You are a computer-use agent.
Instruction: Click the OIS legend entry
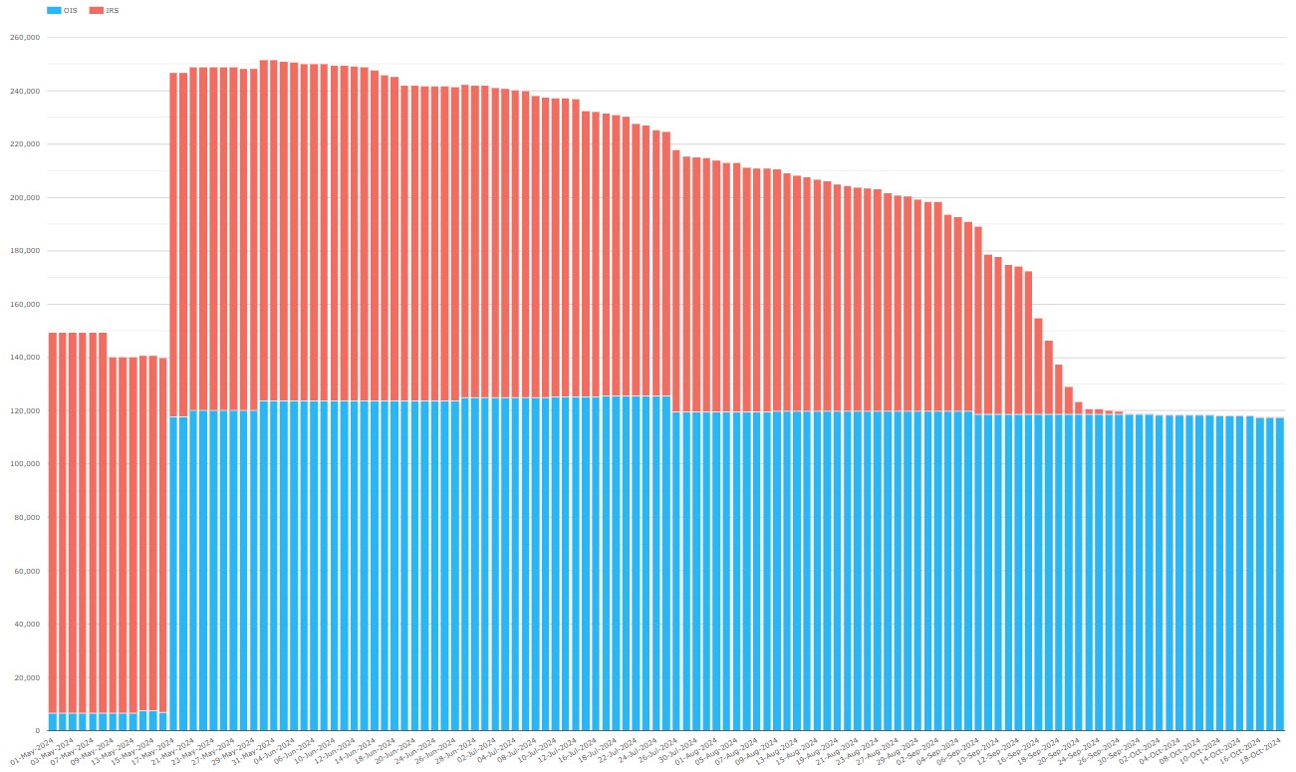(x=63, y=10)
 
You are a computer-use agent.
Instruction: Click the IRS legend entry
(x=105, y=10)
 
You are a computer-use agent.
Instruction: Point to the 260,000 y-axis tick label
(x=24, y=38)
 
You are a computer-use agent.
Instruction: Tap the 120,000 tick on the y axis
(x=24, y=411)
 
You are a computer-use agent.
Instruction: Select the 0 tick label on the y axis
(x=36, y=731)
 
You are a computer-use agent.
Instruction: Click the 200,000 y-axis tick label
(x=24, y=198)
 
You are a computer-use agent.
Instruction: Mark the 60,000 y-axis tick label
(x=26, y=572)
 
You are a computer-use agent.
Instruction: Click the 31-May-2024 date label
(x=253, y=748)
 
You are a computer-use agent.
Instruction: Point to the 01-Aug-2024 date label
(x=695, y=748)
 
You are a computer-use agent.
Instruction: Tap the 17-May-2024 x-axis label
(x=152, y=748)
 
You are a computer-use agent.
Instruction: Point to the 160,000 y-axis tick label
(x=24, y=305)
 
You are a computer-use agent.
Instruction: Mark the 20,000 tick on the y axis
(x=26, y=678)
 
